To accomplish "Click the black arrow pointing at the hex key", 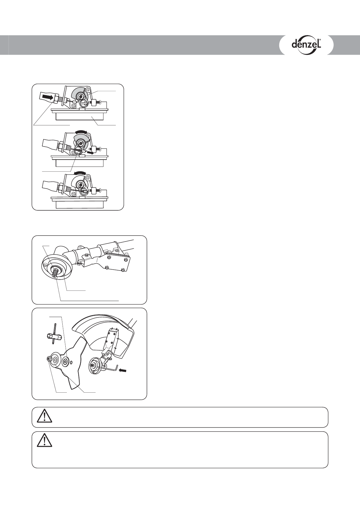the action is pyautogui.click(x=123, y=370).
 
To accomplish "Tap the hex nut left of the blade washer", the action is pyautogui.click(x=48, y=358).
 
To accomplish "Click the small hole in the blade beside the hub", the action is pyautogui.click(x=71, y=361).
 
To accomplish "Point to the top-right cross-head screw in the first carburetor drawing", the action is pyautogui.click(x=88, y=89).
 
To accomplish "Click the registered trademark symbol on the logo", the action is pyautogui.click(x=320, y=40).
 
